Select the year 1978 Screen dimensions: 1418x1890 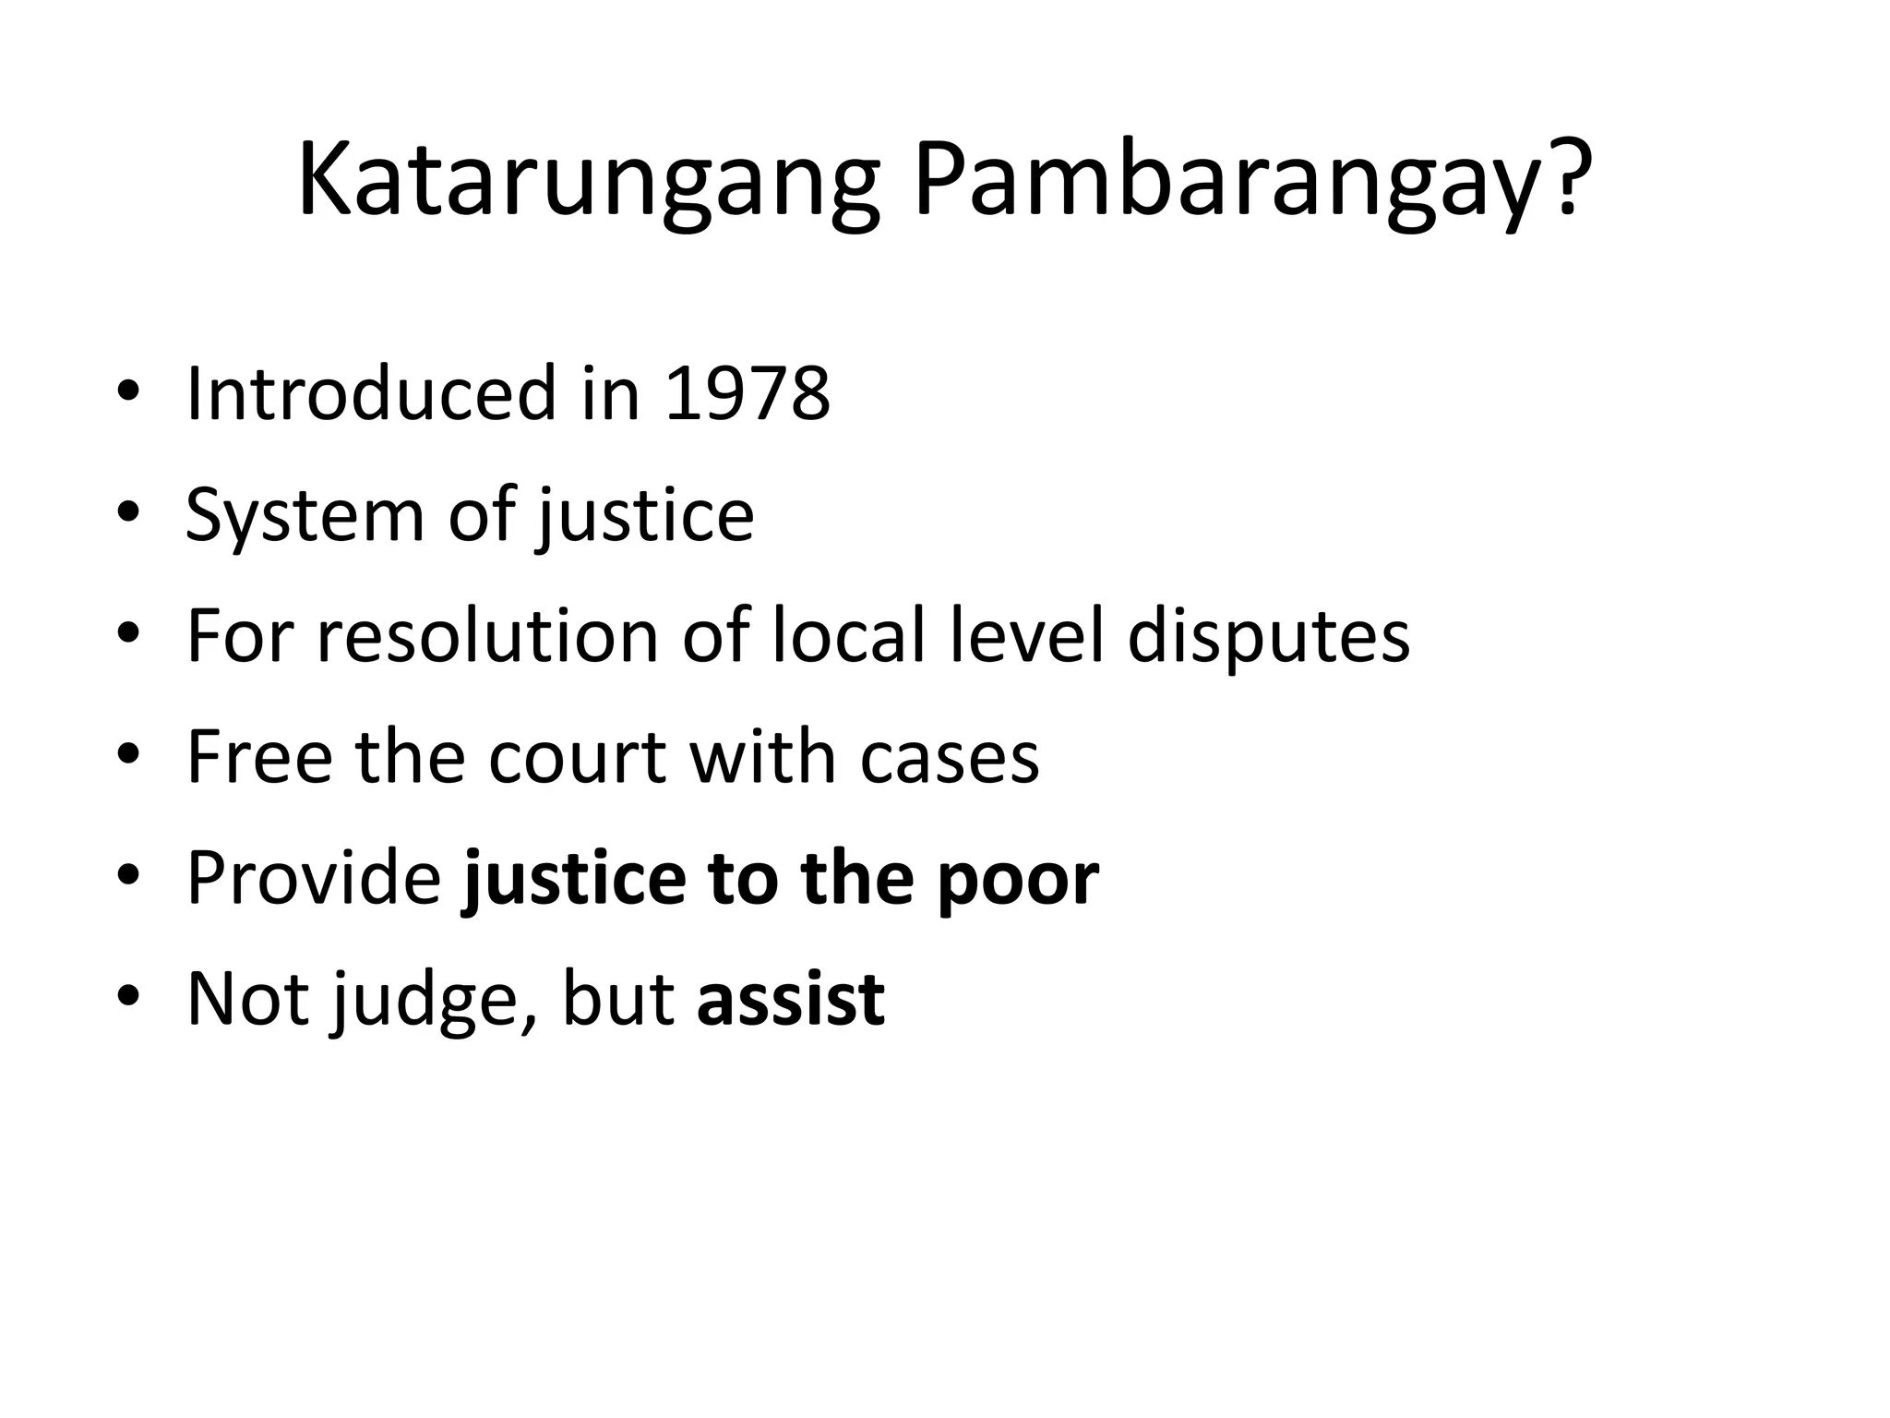[x=747, y=394]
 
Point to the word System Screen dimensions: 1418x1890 [x=305, y=515]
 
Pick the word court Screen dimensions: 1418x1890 [x=577, y=757]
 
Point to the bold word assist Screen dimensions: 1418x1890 [x=791, y=999]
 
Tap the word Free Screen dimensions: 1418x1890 [x=259, y=757]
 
